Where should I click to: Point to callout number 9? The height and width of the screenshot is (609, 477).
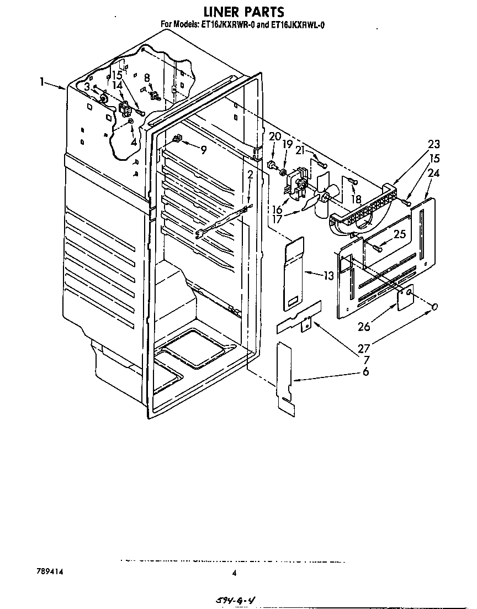pyautogui.click(x=204, y=149)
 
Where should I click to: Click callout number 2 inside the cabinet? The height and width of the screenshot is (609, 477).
pyautogui.click(x=250, y=175)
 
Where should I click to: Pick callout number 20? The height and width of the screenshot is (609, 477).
pyautogui.click(x=274, y=136)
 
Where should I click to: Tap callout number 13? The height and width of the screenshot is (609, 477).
pyautogui.click(x=329, y=275)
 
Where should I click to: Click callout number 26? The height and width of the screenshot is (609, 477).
pyautogui.click(x=363, y=327)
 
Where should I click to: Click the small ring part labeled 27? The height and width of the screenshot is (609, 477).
pyautogui.click(x=436, y=307)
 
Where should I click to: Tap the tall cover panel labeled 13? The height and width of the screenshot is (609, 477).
pyautogui.click(x=294, y=271)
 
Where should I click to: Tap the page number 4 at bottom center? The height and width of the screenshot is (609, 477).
pyautogui.click(x=234, y=574)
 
